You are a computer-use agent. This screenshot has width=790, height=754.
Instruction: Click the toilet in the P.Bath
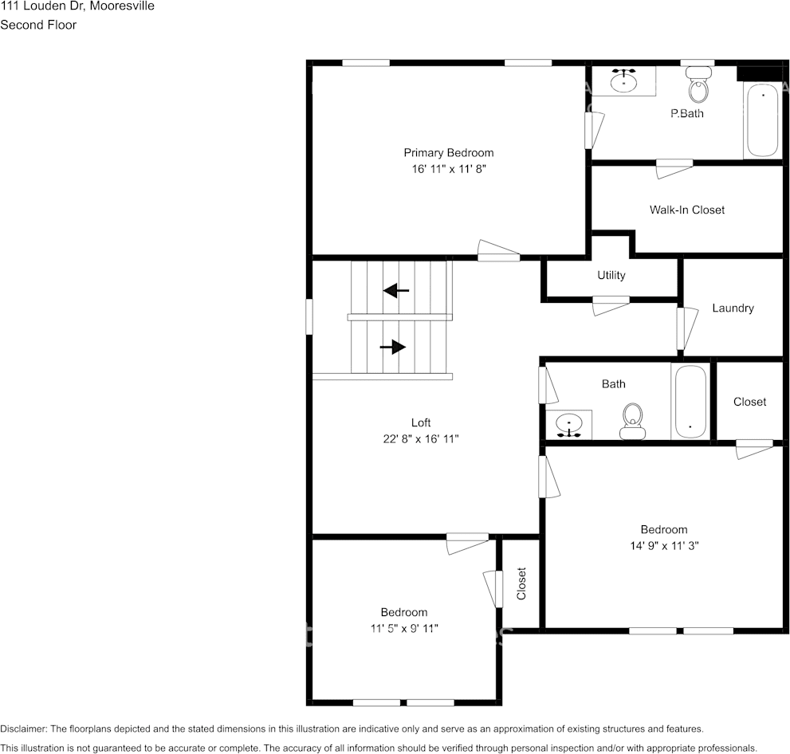(x=698, y=87)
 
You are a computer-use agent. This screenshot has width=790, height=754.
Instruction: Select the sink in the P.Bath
(x=623, y=81)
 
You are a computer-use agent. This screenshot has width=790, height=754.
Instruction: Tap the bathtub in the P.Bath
(x=762, y=120)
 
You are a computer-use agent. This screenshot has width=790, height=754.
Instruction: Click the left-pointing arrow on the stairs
(x=396, y=290)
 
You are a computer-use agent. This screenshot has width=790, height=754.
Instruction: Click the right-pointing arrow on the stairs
(x=393, y=347)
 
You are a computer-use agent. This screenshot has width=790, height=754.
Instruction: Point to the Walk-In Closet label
(x=686, y=210)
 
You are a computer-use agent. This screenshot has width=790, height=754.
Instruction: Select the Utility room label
(x=611, y=275)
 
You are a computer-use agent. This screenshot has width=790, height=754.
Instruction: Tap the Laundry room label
(x=733, y=308)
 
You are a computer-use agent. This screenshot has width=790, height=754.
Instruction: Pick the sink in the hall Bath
(x=568, y=424)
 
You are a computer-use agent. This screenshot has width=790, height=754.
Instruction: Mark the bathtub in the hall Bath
(x=690, y=402)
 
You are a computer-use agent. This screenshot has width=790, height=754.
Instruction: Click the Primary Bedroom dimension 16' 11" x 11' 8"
(x=448, y=169)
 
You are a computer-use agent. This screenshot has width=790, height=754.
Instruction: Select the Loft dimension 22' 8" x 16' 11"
(x=421, y=438)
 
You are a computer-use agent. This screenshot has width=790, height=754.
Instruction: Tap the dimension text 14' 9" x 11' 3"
(x=663, y=546)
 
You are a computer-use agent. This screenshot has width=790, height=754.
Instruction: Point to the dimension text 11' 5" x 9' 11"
(x=403, y=628)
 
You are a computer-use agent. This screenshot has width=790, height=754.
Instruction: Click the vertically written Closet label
(x=521, y=583)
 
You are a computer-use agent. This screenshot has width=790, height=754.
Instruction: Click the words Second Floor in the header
(x=38, y=25)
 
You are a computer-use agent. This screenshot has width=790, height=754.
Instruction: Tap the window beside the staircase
(x=309, y=316)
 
